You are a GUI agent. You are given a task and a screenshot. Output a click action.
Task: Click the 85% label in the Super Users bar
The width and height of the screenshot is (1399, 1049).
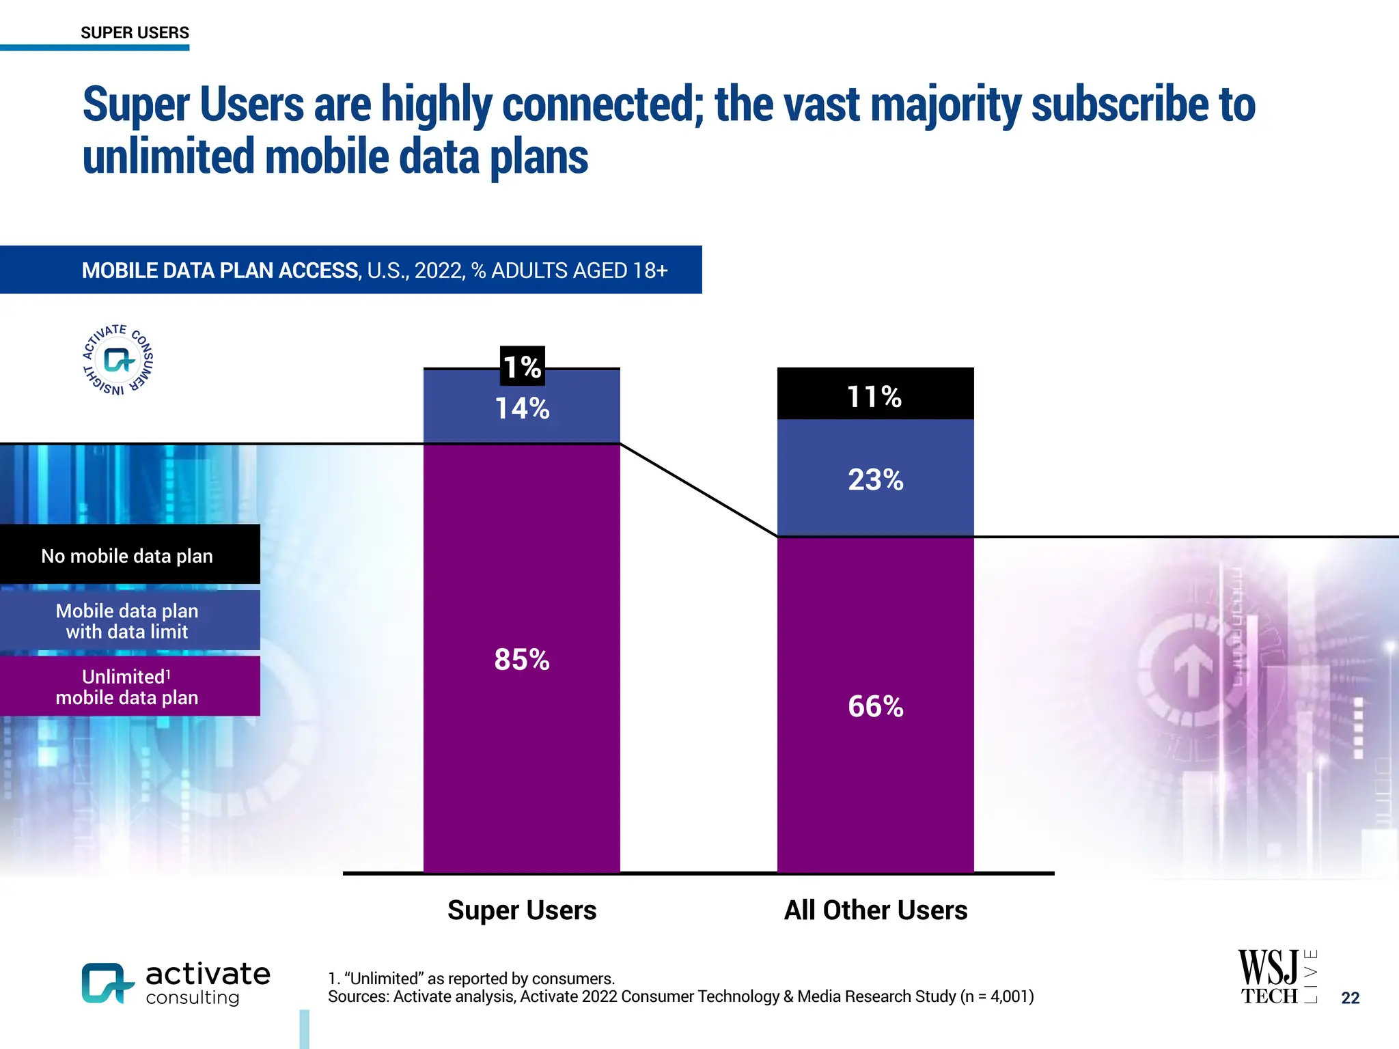[522, 660]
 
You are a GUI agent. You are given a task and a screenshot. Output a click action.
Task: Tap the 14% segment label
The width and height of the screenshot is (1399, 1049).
[522, 408]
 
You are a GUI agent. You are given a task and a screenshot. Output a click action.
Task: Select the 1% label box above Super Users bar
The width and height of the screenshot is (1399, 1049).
[522, 366]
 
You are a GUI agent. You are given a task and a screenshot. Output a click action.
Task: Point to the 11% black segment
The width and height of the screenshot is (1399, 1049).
[875, 395]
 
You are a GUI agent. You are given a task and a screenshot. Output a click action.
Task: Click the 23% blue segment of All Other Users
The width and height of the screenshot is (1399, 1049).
[875, 479]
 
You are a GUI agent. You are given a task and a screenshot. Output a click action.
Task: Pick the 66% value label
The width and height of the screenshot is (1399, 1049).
[875, 706]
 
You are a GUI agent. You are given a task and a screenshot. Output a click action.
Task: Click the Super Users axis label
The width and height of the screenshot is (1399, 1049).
[522, 910]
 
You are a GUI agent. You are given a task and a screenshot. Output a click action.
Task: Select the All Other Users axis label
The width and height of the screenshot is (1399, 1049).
[875, 910]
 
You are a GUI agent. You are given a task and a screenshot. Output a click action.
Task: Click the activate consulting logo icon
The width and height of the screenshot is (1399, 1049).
[107, 983]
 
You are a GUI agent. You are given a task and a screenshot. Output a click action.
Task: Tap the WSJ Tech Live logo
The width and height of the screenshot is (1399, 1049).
[1276, 977]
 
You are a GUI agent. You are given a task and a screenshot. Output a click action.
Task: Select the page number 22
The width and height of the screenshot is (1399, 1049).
[1350, 998]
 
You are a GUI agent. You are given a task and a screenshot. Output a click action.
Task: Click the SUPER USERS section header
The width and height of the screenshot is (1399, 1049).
[135, 33]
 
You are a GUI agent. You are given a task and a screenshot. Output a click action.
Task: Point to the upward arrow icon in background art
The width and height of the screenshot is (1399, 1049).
[1193, 669]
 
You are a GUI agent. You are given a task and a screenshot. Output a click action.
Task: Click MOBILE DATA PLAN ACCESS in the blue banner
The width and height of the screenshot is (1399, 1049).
[220, 270]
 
